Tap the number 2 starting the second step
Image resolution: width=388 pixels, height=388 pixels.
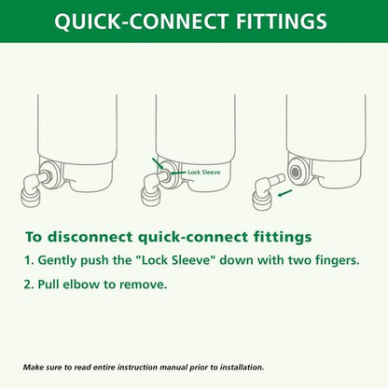click(29, 284)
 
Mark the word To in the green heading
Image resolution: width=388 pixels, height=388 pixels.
click(34, 238)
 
